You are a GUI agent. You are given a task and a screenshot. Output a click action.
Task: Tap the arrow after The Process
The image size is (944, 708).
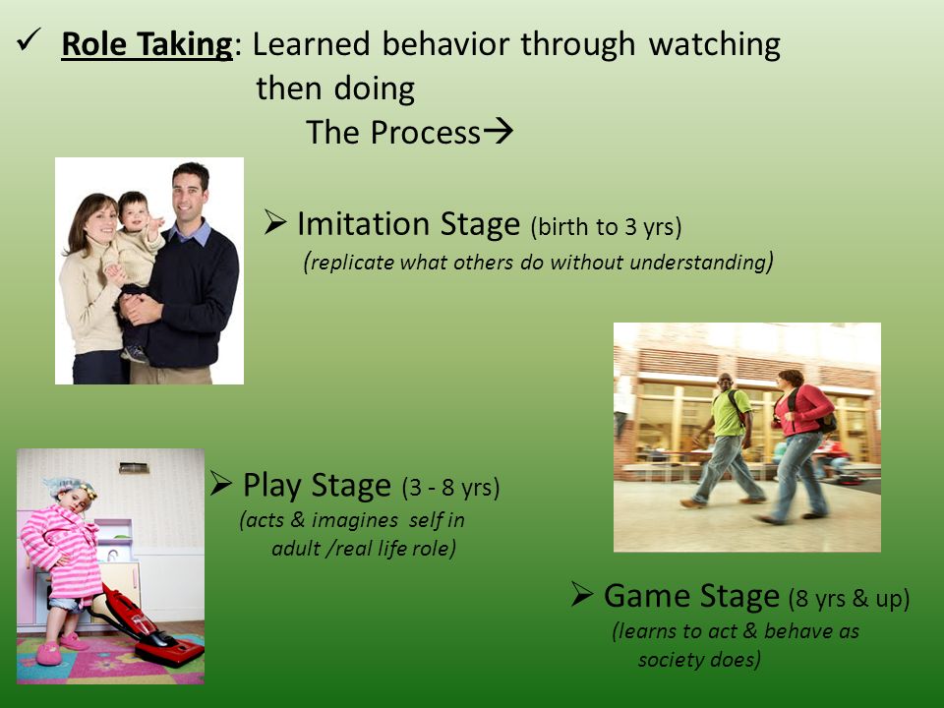point(499,130)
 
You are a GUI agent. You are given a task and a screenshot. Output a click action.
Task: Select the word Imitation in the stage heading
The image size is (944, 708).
point(363,223)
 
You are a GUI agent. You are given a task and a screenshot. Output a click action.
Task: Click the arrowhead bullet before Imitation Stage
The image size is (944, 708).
point(275,222)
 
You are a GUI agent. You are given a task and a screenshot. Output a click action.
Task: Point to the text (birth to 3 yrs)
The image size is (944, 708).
point(606,227)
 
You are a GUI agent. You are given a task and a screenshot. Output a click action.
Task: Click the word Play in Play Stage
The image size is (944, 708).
point(272,485)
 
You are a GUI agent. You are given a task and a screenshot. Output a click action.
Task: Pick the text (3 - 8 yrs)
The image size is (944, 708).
point(451,487)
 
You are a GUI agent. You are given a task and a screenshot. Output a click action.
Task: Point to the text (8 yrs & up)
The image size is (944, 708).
point(849,599)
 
